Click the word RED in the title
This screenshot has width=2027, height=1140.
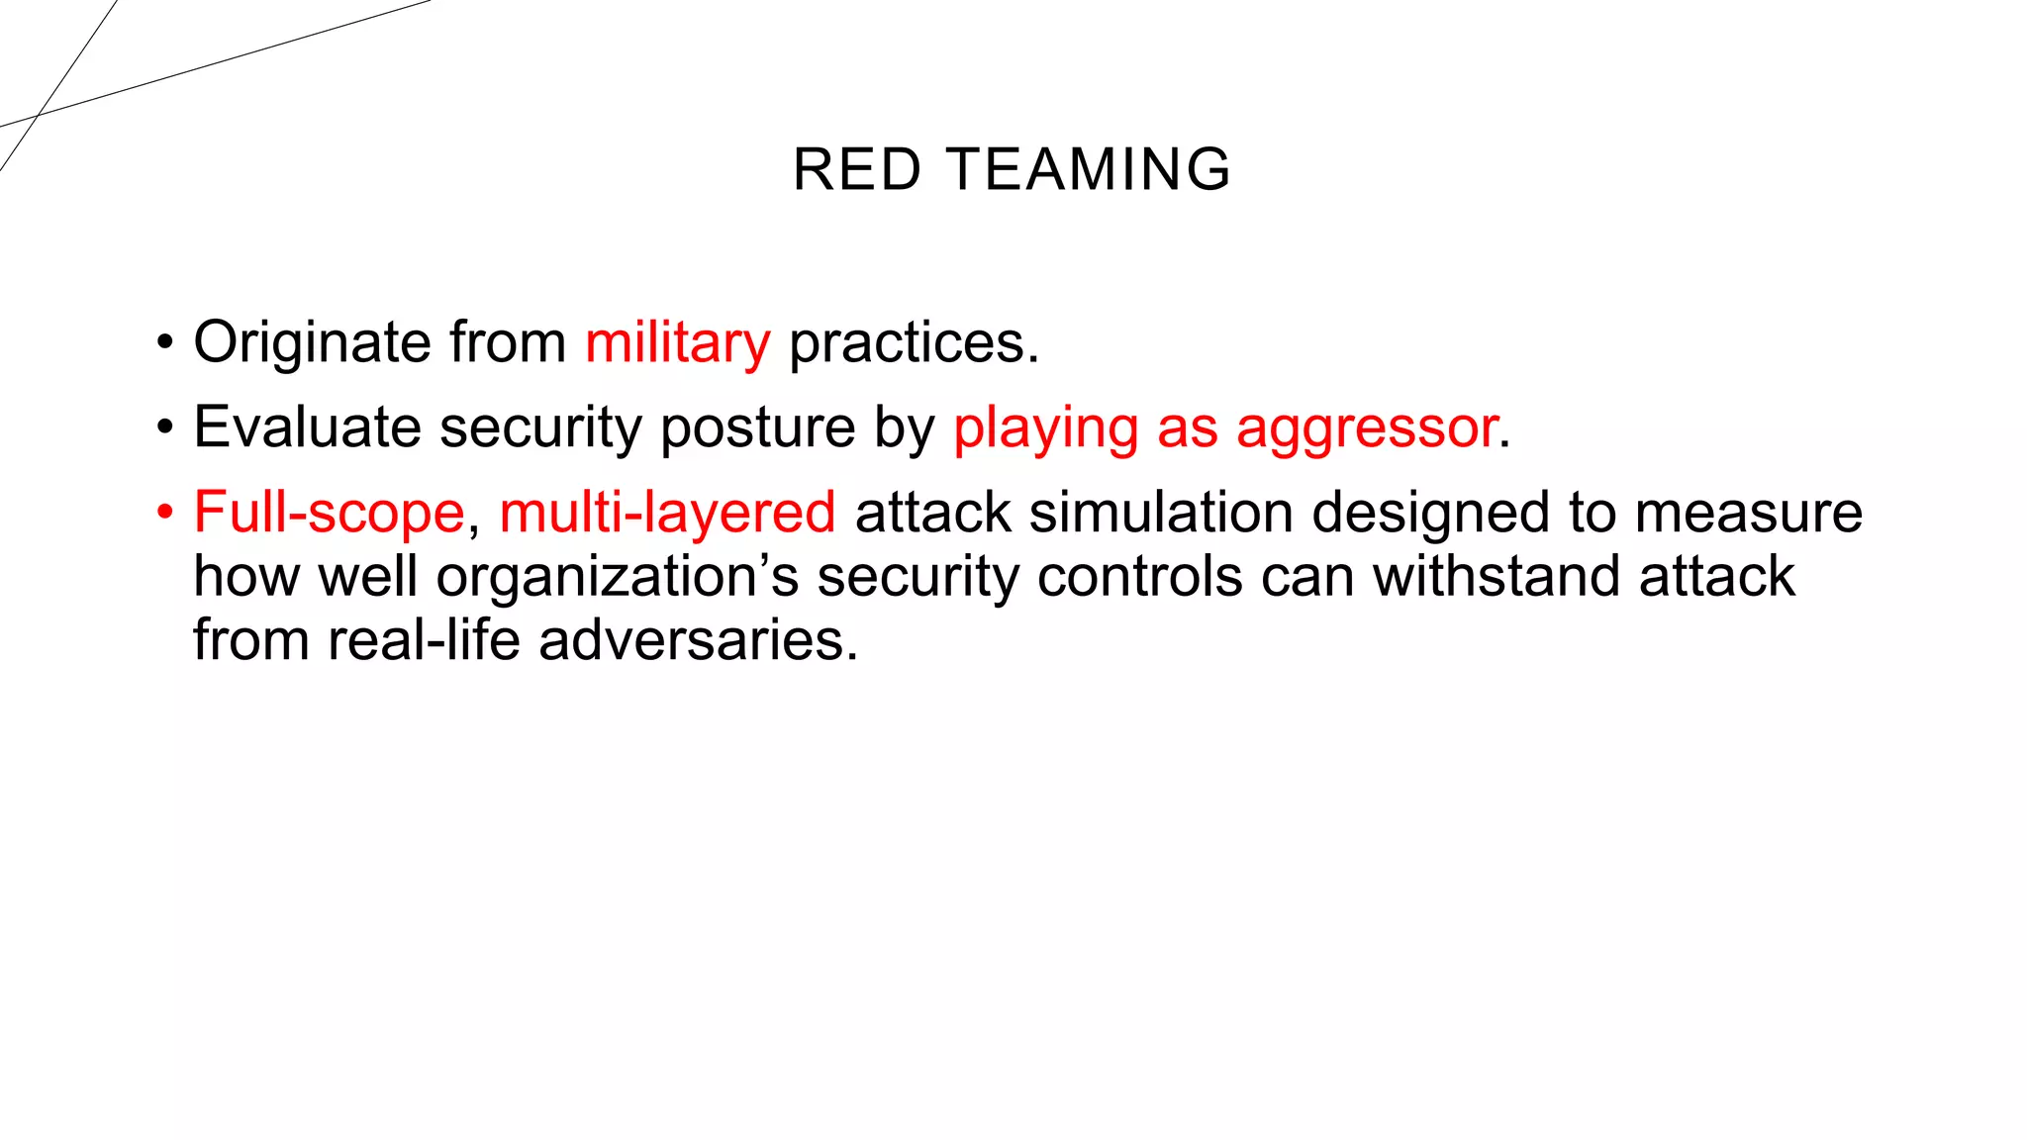point(857,169)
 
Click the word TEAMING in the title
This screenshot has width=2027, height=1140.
point(1090,169)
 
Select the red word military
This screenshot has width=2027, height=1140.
point(677,343)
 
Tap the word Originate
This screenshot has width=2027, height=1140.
point(312,343)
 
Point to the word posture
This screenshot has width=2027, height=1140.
point(756,427)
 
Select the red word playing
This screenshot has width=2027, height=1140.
point(1045,429)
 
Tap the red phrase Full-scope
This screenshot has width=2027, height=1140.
point(329,514)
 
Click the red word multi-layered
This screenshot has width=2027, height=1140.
point(667,514)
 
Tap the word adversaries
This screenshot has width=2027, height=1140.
point(698,640)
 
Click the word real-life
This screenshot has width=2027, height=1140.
point(424,640)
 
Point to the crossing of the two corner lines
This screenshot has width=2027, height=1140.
point(38,116)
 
